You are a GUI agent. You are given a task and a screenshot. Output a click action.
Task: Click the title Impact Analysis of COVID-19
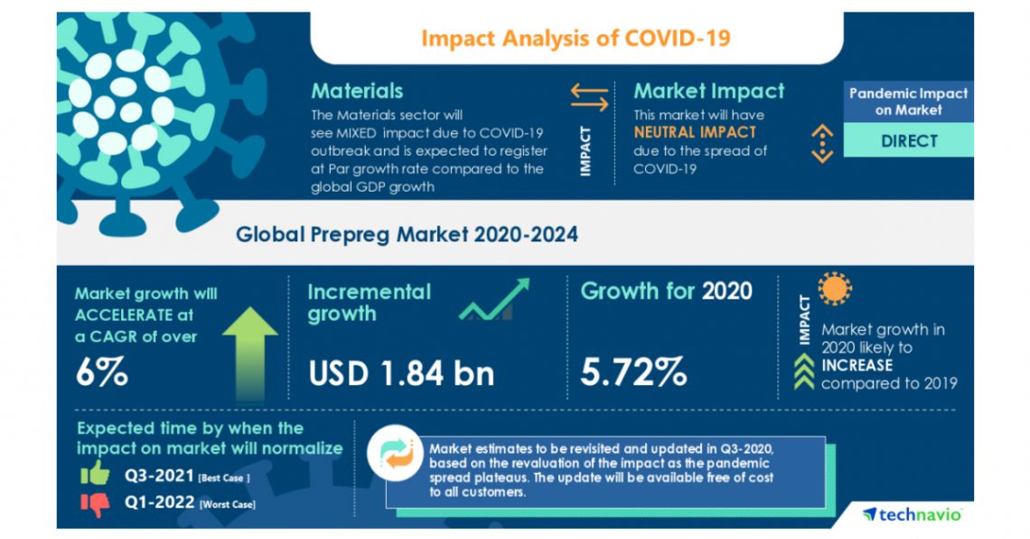coord(576,38)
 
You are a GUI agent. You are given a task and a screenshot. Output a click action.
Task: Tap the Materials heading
coord(357,91)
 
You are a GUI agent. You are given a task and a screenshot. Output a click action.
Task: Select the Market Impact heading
coord(708,91)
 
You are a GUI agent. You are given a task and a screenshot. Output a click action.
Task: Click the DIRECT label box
coord(908,141)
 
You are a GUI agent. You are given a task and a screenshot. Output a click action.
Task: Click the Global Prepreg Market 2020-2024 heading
coord(407,234)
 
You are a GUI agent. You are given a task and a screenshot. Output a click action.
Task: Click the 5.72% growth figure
coord(633,372)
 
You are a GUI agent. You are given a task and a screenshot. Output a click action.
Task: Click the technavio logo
coord(913,515)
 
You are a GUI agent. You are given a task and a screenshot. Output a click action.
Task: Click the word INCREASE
coord(857,365)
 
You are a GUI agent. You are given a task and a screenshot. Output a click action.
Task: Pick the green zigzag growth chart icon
coord(493,301)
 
